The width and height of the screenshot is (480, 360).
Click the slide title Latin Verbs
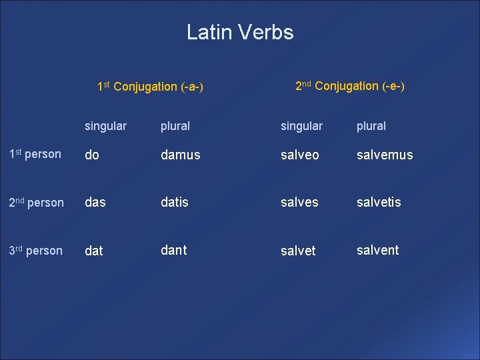click(x=240, y=32)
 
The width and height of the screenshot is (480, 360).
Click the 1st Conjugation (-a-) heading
click(x=150, y=87)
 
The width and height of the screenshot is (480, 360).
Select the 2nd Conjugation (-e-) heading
click(x=350, y=86)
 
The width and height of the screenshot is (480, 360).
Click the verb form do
click(x=92, y=155)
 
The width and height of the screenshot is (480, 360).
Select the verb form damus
click(x=180, y=155)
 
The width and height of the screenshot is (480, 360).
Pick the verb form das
click(x=95, y=202)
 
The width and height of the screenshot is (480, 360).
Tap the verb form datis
click(x=175, y=202)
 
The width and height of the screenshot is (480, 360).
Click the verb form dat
click(x=94, y=251)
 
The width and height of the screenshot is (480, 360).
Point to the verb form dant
click(x=173, y=250)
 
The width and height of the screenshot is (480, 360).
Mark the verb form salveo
click(x=299, y=155)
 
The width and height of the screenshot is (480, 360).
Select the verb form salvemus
click(x=385, y=155)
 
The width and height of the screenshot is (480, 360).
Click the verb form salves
click(x=299, y=202)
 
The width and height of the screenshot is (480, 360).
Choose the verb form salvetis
click(x=379, y=202)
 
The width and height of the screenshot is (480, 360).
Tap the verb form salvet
click(x=298, y=251)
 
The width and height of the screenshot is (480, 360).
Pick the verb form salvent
click(x=377, y=250)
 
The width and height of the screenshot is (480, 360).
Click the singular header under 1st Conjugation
click(x=105, y=126)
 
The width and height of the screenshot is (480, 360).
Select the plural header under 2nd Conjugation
click(x=371, y=126)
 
